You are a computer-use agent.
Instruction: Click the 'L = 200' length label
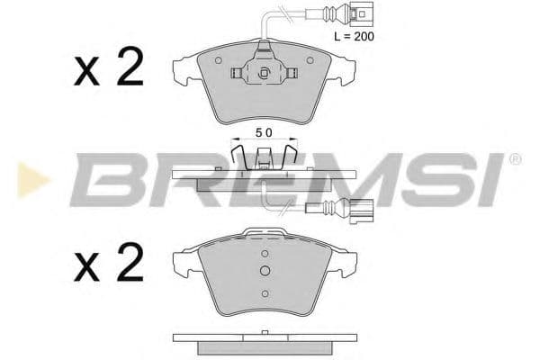353,37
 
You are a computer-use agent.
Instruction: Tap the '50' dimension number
263,131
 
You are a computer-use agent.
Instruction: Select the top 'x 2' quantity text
109,69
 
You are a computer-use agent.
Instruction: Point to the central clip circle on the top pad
263,76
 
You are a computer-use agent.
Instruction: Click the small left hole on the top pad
219,60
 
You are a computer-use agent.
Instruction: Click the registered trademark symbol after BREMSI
514,159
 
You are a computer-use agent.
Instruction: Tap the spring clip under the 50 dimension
263,154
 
